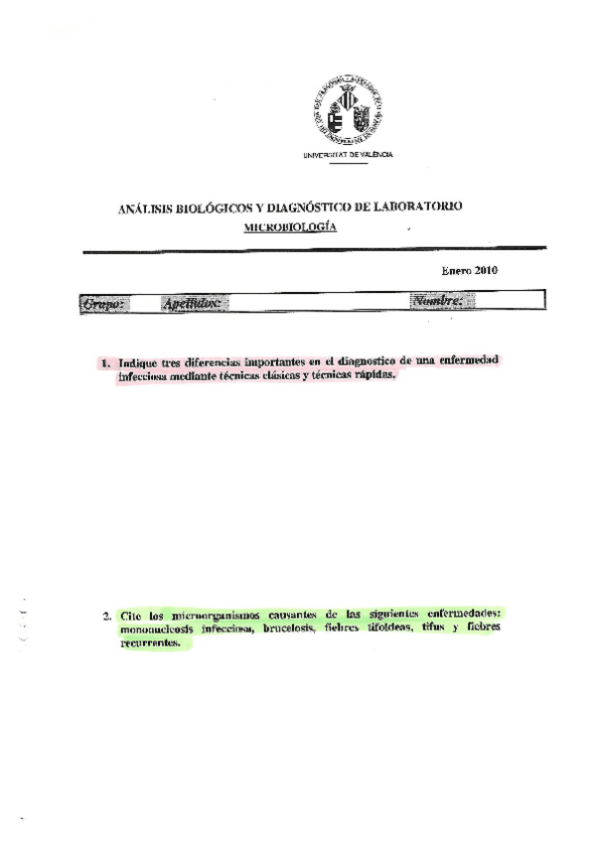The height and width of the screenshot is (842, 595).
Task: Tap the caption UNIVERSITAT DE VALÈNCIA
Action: click(x=348, y=155)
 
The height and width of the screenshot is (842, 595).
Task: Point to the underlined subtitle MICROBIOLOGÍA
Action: click(x=290, y=227)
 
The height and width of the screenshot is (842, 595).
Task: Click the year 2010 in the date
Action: click(x=485, y=270)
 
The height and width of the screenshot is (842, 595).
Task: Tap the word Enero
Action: click(x=456, y=270)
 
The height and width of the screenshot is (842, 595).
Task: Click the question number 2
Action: click(x=106, y=616)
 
